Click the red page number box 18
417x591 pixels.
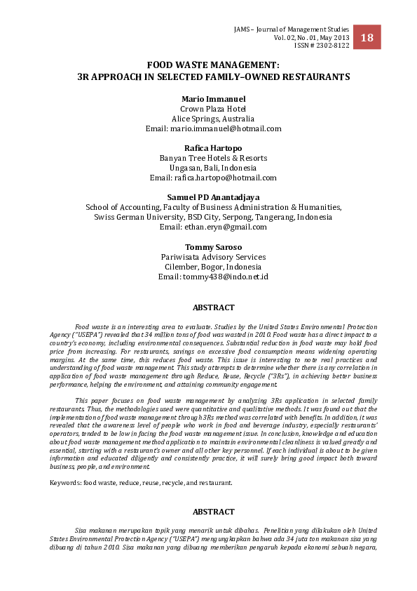(367, 37)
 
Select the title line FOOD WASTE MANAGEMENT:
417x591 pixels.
(213, 65)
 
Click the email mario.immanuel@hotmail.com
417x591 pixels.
(213, 128)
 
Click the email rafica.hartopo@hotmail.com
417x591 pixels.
(213, 178)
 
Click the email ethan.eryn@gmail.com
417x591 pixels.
(213, 227)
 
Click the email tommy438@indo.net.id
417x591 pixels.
(213, 277)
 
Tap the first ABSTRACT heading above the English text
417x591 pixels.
(213, 307)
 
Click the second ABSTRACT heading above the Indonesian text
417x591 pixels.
(213, 512)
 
